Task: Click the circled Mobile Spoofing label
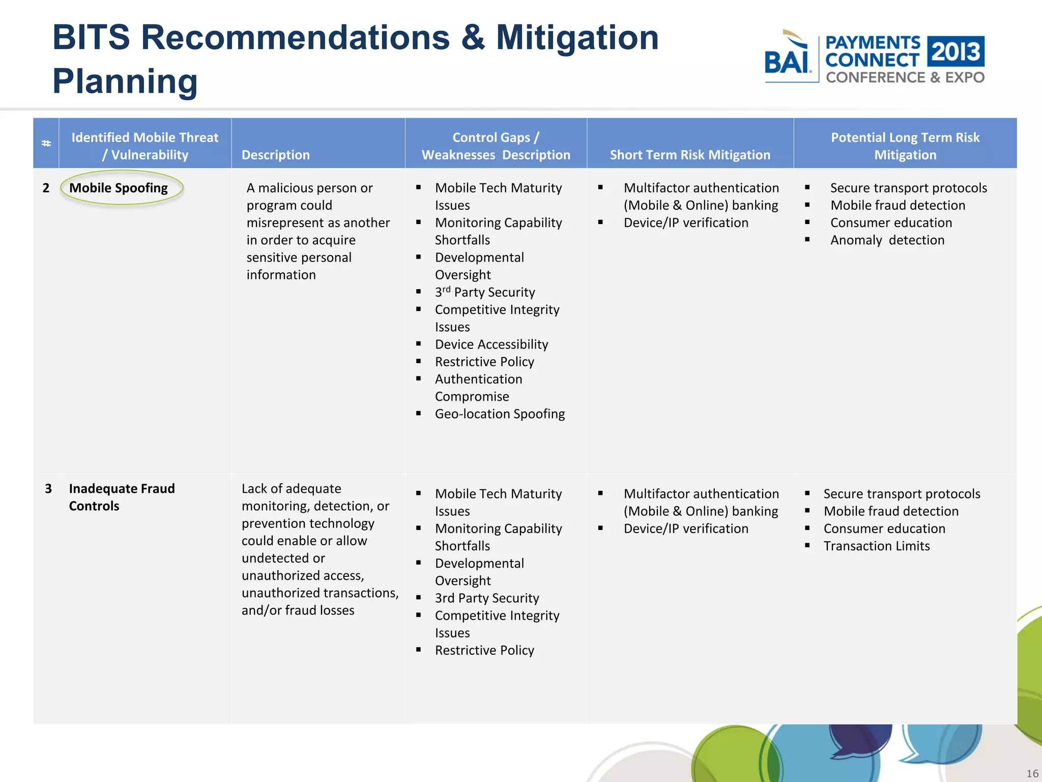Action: point(119,188)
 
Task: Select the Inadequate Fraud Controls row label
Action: point(122,497)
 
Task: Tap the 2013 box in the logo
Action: point(956,51)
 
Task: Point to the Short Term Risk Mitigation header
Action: point(690,155)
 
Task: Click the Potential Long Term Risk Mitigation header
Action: point(905,146)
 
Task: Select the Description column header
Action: point(275,155)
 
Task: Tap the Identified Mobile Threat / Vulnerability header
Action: point(145,146)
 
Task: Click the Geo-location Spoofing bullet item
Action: point(500,414)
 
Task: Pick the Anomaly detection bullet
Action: point(887,240)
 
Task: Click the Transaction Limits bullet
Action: point(876,546)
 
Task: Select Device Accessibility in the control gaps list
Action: point(491,344)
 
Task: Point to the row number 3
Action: point(48,489)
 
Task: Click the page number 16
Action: point(1032,773)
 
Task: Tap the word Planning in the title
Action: point(125,81)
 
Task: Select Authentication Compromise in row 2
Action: point(478,387)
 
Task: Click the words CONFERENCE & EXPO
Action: point(905,77)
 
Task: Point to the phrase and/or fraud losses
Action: point(298,610)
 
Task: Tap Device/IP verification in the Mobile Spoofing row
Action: point(686,222)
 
